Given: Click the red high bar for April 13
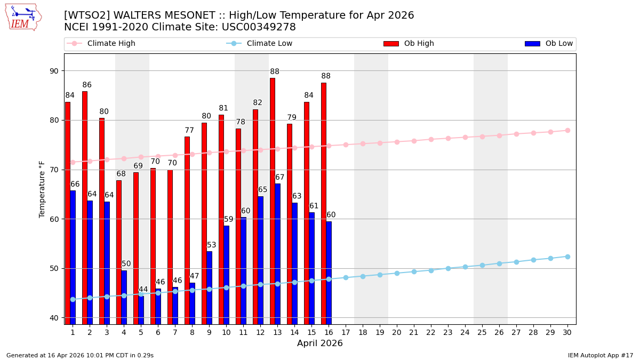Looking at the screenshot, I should pos(273,201).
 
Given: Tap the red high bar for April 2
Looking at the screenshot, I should pos(85,207).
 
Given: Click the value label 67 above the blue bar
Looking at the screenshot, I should pos(280,178).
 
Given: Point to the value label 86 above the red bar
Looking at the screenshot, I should pos(87,85).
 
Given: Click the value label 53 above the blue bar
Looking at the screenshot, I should pos(212,245).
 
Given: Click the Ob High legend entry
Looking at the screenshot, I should pos(409,44).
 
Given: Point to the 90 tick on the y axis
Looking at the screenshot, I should pos(54,71).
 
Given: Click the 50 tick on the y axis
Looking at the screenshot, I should pos(54,268).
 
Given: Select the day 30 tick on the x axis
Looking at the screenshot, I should pos(567,332).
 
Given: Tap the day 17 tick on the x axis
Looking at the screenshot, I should pos(346,332).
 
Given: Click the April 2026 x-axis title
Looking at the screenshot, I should pos(320,344).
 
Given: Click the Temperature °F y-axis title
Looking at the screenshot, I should pos(42,189).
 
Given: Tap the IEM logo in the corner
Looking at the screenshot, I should pos(23,17).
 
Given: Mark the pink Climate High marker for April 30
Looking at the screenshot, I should pos(567,130).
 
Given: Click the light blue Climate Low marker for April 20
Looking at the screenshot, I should pos(397,273).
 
